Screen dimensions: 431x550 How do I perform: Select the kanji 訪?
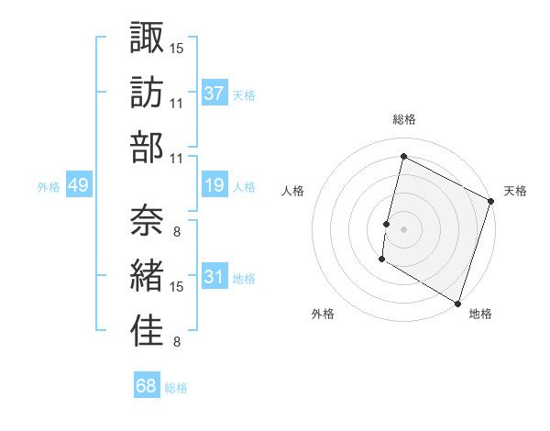(x=147, y=92)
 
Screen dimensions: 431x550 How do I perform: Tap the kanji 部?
(x=147, y=147)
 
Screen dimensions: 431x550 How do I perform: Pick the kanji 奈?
(x=147, y=218)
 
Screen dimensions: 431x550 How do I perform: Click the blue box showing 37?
(x=214, y=94)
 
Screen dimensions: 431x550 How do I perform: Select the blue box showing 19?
(x=214, y=186)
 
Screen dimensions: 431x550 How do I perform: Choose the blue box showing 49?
(x=78, y=186)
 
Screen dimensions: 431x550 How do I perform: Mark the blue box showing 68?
(x=146, y=386)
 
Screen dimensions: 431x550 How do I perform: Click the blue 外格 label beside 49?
(x=49, y=187)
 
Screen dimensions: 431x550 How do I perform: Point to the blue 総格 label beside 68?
(x=176, y=388)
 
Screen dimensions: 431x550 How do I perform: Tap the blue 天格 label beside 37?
(x=244, y=94)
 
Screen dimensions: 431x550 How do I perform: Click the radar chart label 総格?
(x=404, y=119)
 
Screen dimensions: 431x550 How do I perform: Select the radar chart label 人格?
(x=293, y=191)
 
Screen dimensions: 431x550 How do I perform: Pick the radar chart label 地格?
(x=480, y=314)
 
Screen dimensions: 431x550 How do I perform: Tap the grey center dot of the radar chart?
(x=403, y=228)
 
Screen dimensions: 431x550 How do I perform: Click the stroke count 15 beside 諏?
(x=177, y=47)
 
